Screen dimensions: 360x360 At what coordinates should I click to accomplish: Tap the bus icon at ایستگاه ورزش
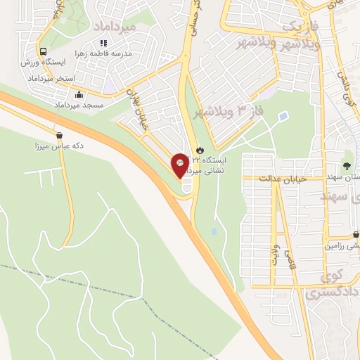(x=44, y=51)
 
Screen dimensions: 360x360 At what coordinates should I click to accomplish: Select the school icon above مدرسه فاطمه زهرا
(x=103, y=44)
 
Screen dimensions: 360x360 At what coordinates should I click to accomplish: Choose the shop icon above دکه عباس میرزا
(x=58, y=136)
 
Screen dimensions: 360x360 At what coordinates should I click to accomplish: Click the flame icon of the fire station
(x=200, y=150)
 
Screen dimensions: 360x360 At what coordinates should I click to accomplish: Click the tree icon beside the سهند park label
(x=346, y=166)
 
